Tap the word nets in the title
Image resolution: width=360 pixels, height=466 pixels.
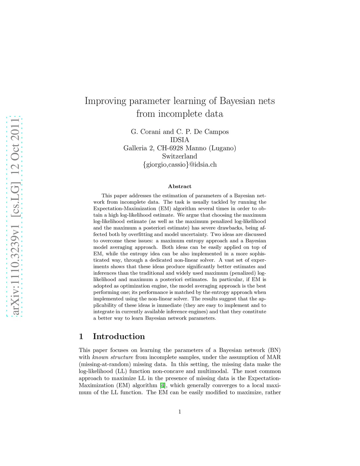pyautogui.click(x=265, y=101)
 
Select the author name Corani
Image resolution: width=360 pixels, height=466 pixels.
pyautogui.click(x=151, y=132)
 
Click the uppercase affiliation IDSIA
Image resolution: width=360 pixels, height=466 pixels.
pyautogui.click(x=180, y=140)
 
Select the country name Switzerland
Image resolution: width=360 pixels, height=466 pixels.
pyautogui.click(x=180, y=156)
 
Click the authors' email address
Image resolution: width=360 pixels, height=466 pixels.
pyautogui.click(x=180, y=165)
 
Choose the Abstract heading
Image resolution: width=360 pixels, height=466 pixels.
pyautogui.click(x=180, y=186)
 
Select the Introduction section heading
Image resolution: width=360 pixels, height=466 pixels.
pyautogui.click(x=118, y=337)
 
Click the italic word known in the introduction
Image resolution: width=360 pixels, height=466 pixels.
pyautogui.click(x=100, y=357)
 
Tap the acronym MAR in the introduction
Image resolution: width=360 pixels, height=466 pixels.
pyautogui.click(x=273, y=357)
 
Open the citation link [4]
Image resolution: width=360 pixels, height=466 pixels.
pyautogui.click(x=162, y=385)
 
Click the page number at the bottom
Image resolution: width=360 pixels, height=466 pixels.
pyautogui.click(x=180, y=412)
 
